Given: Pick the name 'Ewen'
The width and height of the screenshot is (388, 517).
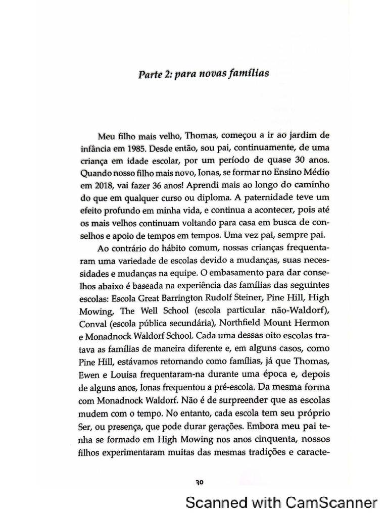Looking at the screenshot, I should click(90, 371).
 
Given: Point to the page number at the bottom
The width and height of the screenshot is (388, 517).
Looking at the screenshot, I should click(199, 482).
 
